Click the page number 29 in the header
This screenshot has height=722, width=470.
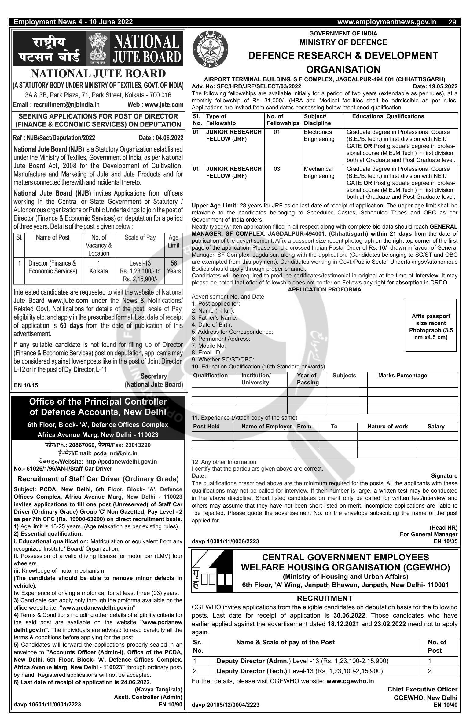[452, 22]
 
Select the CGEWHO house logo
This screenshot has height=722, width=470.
[213, 572]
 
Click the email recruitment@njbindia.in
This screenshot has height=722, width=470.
[56, 104]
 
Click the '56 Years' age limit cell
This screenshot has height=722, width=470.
[174, 267]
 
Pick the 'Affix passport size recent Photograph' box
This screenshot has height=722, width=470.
[431, 325]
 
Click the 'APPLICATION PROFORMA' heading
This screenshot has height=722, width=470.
[324, 289]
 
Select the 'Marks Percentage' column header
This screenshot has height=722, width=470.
[402, 376]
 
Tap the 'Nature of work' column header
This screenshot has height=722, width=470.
[387, 427]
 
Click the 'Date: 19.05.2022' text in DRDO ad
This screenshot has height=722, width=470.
[435, 86]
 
